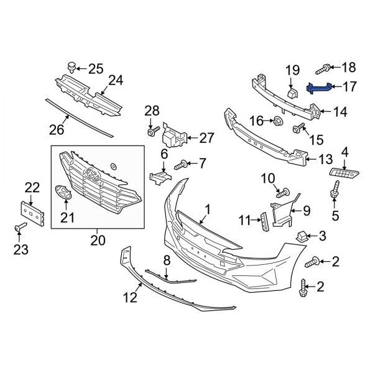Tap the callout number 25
pyautogui.click(x=96, y=68)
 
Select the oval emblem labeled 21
pyautogui.click(x=64, y=193)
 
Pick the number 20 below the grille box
pyautogui.click(x=98, y=239)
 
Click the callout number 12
pyautogui.click(x=129, y=298)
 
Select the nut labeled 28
pyautogui.click(x=150, y=132)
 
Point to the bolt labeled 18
pyautogui.click(x=326, y=67)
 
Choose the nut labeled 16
pyautogui.click(x=279, y=120)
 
